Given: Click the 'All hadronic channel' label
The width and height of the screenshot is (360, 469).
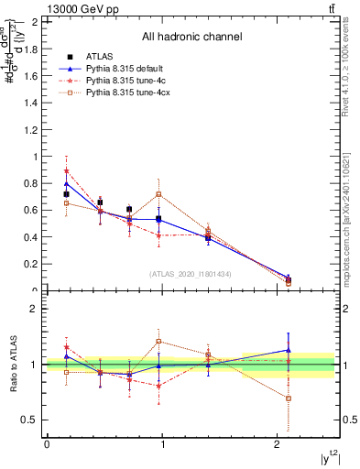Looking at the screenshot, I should pyautogui.click(x=191, y=37).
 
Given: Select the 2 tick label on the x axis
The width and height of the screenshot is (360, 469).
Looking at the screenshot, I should pyautogui.click(x=278, y=444).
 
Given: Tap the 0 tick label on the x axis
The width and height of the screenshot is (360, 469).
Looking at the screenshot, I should pyautogui.click(x=47, y=444).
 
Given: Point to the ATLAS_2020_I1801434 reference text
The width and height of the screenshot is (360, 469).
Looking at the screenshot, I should pyautogui.click(x=191, y=274).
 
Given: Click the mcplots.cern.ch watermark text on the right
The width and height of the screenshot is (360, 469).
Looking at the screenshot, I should pyautogui.click(x=348, y=220).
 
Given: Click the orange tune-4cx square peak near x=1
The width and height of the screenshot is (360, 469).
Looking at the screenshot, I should pyautogui.click(x=159, y=194).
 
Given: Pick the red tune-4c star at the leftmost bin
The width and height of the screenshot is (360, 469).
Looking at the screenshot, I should pyautogui.click(x=66, y=171).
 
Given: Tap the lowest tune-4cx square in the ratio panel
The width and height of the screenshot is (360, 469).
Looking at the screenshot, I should pyautogui.click(x=289, y=398).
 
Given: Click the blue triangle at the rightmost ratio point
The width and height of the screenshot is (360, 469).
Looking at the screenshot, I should pyautogui.click(x=289, y=349).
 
